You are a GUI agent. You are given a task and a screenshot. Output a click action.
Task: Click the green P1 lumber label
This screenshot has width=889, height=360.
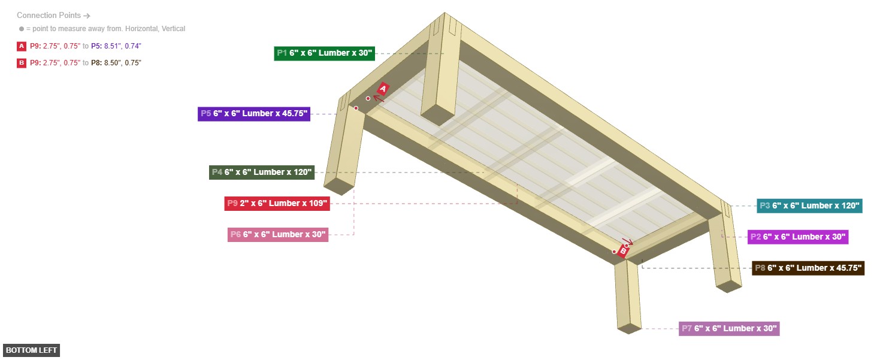coord(325,53)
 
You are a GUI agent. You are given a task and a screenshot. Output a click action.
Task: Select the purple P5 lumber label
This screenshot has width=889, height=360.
coord(254,114)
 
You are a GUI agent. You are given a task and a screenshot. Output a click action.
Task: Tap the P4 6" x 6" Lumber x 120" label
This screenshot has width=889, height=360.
coord(262,173)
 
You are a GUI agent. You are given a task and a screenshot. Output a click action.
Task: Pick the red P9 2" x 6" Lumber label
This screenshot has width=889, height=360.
coord(277,204)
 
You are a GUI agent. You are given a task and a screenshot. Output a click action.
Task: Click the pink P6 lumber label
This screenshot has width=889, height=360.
coord(278,235)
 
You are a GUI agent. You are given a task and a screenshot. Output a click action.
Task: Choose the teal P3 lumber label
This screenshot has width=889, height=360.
coord(809,206)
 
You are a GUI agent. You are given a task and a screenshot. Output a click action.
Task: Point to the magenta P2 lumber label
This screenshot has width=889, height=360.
coord(798,237)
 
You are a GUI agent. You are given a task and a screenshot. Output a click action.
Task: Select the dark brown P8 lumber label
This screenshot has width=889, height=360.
coord(808,268)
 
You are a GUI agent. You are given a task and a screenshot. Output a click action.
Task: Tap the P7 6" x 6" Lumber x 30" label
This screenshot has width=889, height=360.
coord(729,329)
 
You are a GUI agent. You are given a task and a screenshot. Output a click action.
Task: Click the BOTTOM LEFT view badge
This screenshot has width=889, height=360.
coord(31,350)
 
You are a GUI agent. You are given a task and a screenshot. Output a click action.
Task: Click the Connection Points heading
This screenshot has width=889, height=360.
coord(49,16)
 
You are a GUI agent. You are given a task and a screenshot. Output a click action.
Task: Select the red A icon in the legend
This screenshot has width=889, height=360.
coord(22,46)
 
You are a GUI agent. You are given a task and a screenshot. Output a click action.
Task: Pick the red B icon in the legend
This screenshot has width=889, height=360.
coord(22,63)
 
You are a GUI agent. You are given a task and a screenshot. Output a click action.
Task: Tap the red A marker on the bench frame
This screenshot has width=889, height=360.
coord(383,89)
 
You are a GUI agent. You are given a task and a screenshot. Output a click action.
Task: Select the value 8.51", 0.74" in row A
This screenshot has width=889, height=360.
coord(123,46)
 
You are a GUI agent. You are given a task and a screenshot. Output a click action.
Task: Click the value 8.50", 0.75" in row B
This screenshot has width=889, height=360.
coord(123,63)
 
